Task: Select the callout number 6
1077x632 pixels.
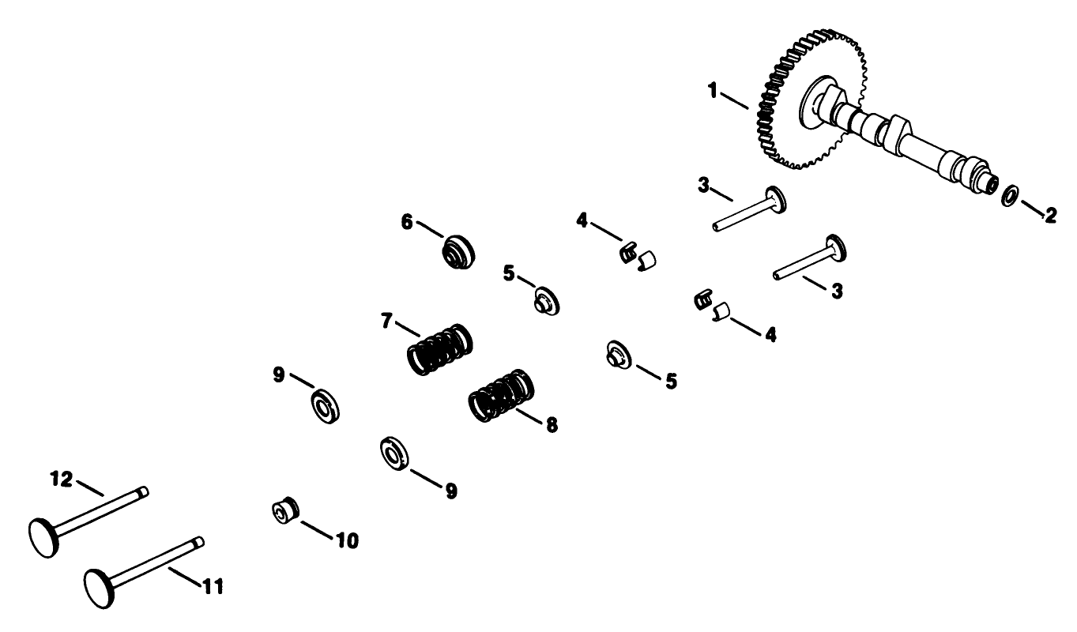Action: (407, 222)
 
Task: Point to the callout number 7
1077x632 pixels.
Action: (386, 322)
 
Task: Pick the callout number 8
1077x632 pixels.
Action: (551, 424)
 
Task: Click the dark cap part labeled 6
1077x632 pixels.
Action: (458, 250)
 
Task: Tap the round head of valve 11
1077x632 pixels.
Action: (100, 586)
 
